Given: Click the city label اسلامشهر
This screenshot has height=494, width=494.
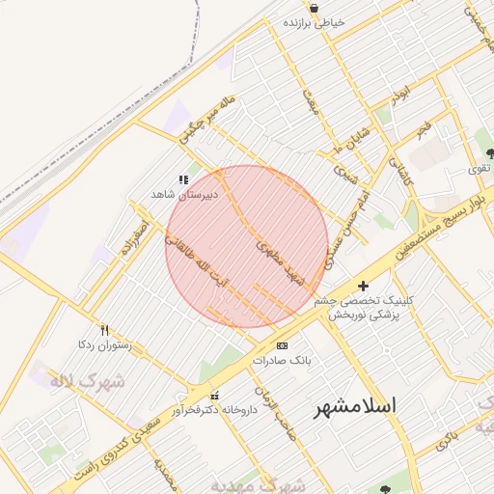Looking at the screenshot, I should point(355,407).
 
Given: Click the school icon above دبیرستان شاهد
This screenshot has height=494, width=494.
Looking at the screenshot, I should point(183,178).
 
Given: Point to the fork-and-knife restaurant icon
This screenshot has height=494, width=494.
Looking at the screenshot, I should point(104,330).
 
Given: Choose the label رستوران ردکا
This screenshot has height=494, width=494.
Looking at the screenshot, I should point(99,344).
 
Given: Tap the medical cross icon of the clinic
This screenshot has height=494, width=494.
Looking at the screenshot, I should point(363,286).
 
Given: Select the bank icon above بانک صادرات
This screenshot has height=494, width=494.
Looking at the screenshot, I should point(282,345).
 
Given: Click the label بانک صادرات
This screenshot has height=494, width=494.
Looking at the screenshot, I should point(279,360).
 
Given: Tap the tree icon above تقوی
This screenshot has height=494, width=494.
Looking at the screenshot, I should point(489,152).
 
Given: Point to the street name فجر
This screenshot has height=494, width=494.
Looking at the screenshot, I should point(423,127).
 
